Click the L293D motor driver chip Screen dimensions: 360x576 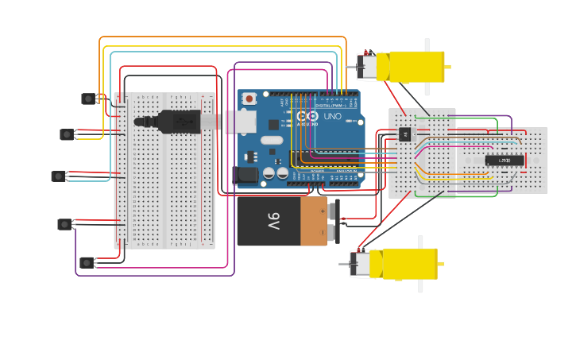504,161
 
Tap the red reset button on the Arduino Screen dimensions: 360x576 249,99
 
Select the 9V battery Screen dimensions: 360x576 282,221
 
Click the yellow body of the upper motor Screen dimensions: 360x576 415,67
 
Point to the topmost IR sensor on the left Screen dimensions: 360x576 88,99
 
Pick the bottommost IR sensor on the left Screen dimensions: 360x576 87,262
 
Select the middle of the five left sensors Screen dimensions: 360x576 58,176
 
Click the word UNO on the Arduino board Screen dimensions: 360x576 332,116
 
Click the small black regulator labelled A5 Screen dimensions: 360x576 405,134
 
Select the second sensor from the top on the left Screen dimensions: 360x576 67,134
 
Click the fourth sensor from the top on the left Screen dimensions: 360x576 64,224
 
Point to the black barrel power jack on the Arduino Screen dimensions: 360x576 247,176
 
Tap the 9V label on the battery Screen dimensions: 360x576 273,220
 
